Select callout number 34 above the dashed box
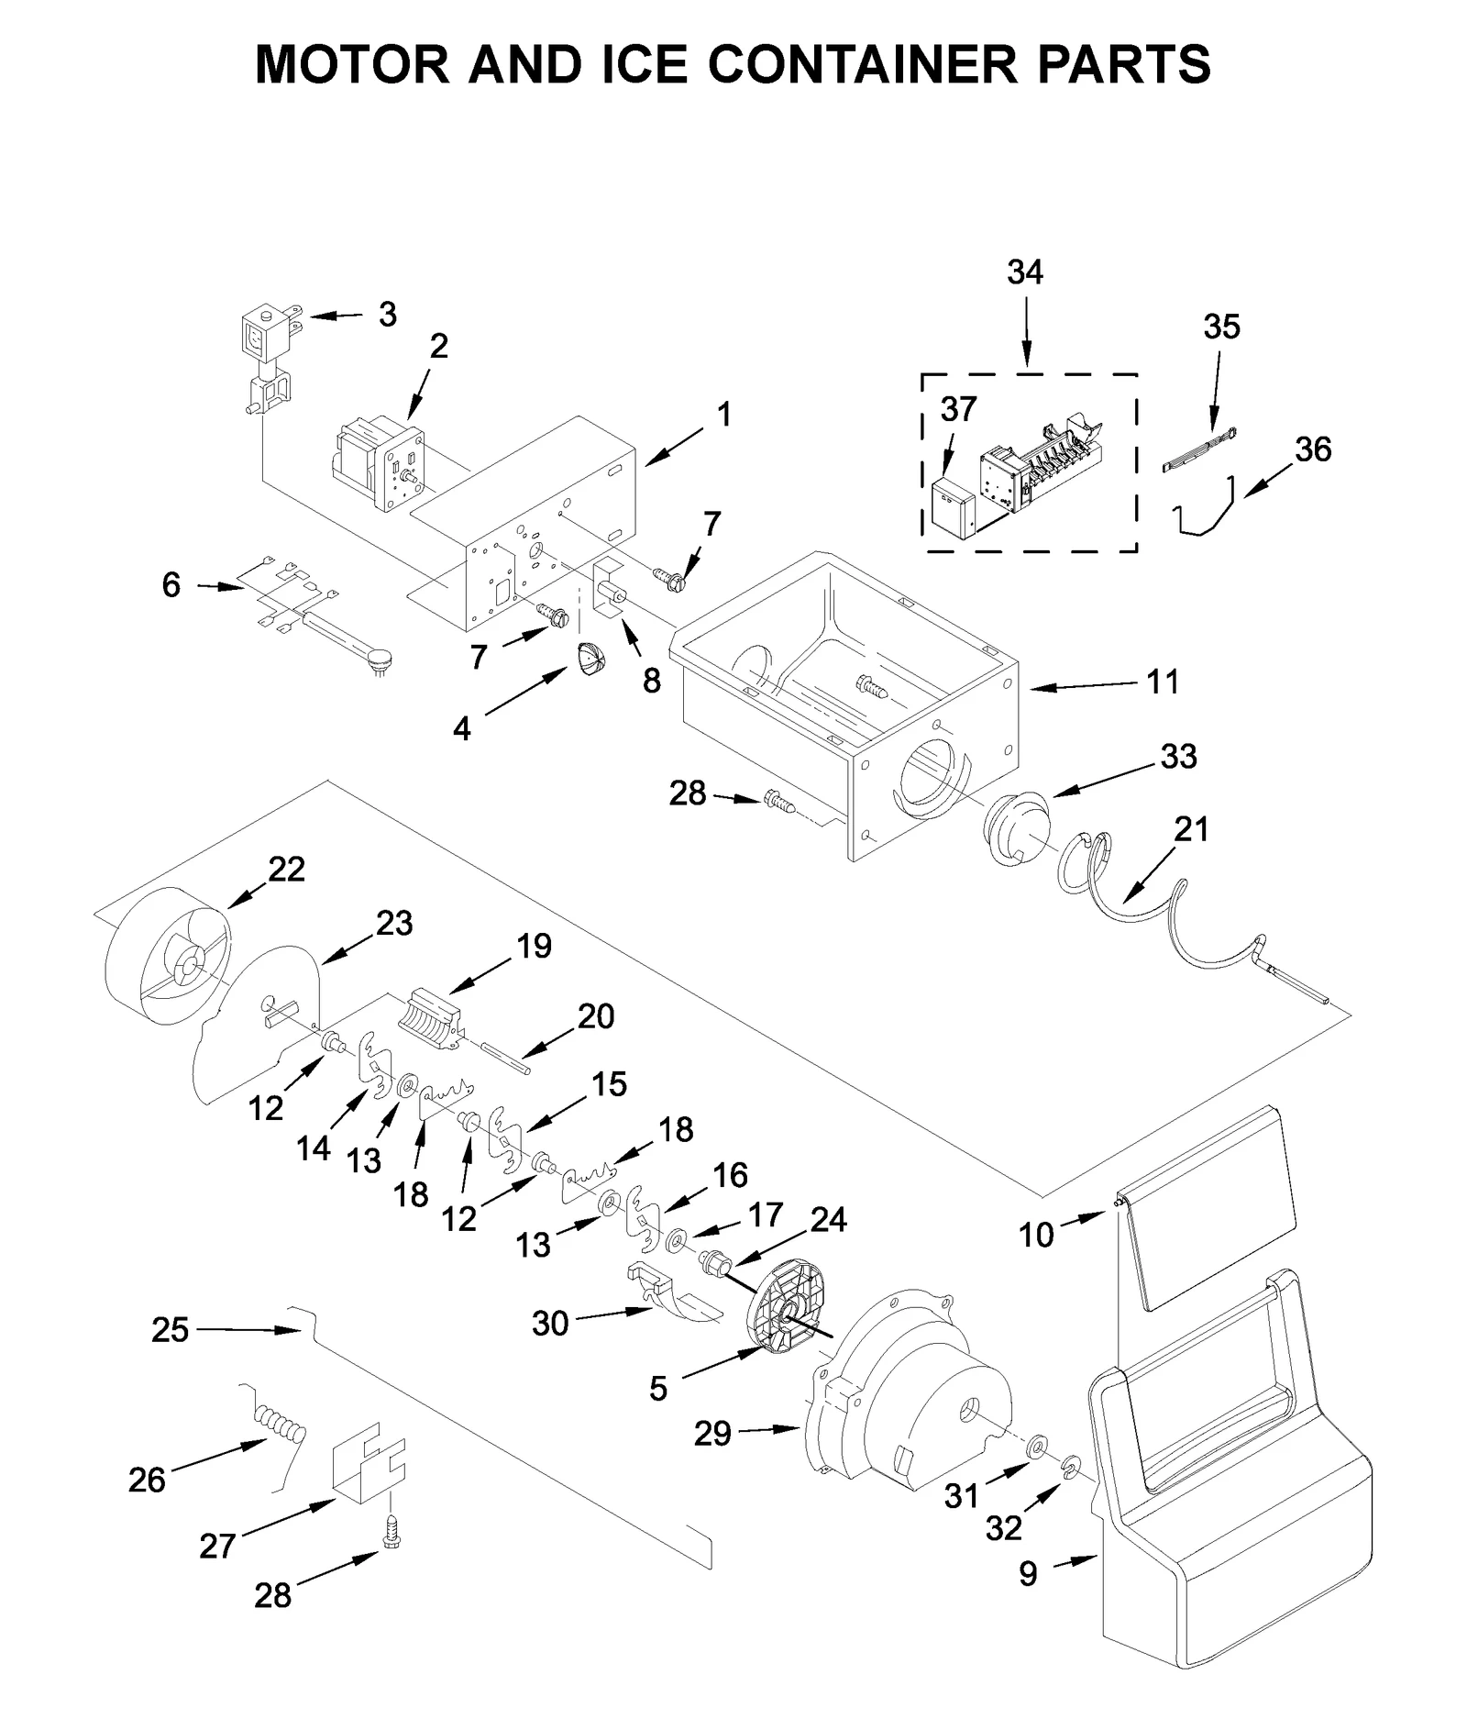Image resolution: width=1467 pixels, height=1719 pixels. coord(1024,272)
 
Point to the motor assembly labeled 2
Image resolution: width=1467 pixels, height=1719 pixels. coord(377,463)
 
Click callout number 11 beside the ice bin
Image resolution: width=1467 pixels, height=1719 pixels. coord(1163,682)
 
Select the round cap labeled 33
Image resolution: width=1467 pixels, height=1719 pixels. coord(1015,826)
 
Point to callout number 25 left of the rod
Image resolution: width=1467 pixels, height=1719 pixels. coord(171,1329)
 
